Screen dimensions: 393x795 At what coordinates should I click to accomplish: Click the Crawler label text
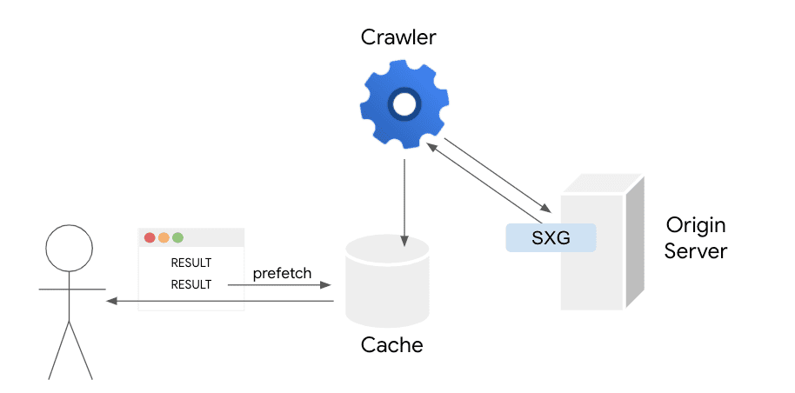coord(398,38)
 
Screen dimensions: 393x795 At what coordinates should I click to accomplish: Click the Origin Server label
coord(696,239)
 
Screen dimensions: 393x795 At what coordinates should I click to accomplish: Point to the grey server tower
coord(600,261)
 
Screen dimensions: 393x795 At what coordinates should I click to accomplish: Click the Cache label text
coord(391,345)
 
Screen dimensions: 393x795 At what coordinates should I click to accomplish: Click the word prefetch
coord(282,273)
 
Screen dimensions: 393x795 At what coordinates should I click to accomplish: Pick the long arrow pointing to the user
coord(217,302)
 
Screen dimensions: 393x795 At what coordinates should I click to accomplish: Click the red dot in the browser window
coord(150,237)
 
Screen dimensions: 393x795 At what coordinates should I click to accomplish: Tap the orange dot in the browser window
coord(164,237)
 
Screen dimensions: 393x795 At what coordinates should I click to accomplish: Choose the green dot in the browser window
coord(177,237)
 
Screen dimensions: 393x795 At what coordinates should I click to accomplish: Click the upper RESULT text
coord(191,263)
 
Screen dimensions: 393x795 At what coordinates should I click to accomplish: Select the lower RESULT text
coord(191,284)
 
